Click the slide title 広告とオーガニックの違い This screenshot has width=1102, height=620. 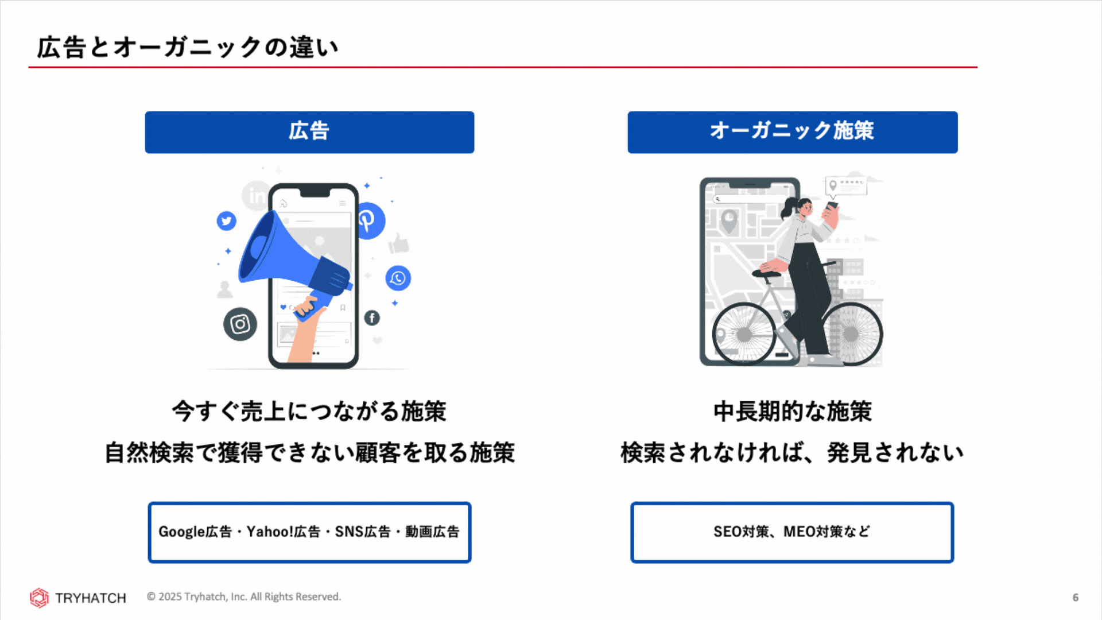click(188, 47)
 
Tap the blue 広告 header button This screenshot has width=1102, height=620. click(309, 132)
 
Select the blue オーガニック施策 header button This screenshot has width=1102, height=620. click(793, 132)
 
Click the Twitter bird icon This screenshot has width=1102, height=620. click(227, 220)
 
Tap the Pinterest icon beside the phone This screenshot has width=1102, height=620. click(370, 220)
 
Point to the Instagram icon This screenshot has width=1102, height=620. click(240, 324)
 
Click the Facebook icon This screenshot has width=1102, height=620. click(372, 317)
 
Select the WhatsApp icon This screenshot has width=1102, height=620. click(398, 278)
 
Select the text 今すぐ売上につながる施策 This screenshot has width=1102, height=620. click(309, 411)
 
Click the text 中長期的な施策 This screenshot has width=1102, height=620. click(793, 411)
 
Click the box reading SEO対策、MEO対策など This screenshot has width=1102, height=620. click(792, 532)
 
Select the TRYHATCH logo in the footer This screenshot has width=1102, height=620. click(78, 598)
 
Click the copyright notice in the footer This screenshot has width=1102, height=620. click(244, 597)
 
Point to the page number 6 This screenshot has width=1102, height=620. click(1076, 598)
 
